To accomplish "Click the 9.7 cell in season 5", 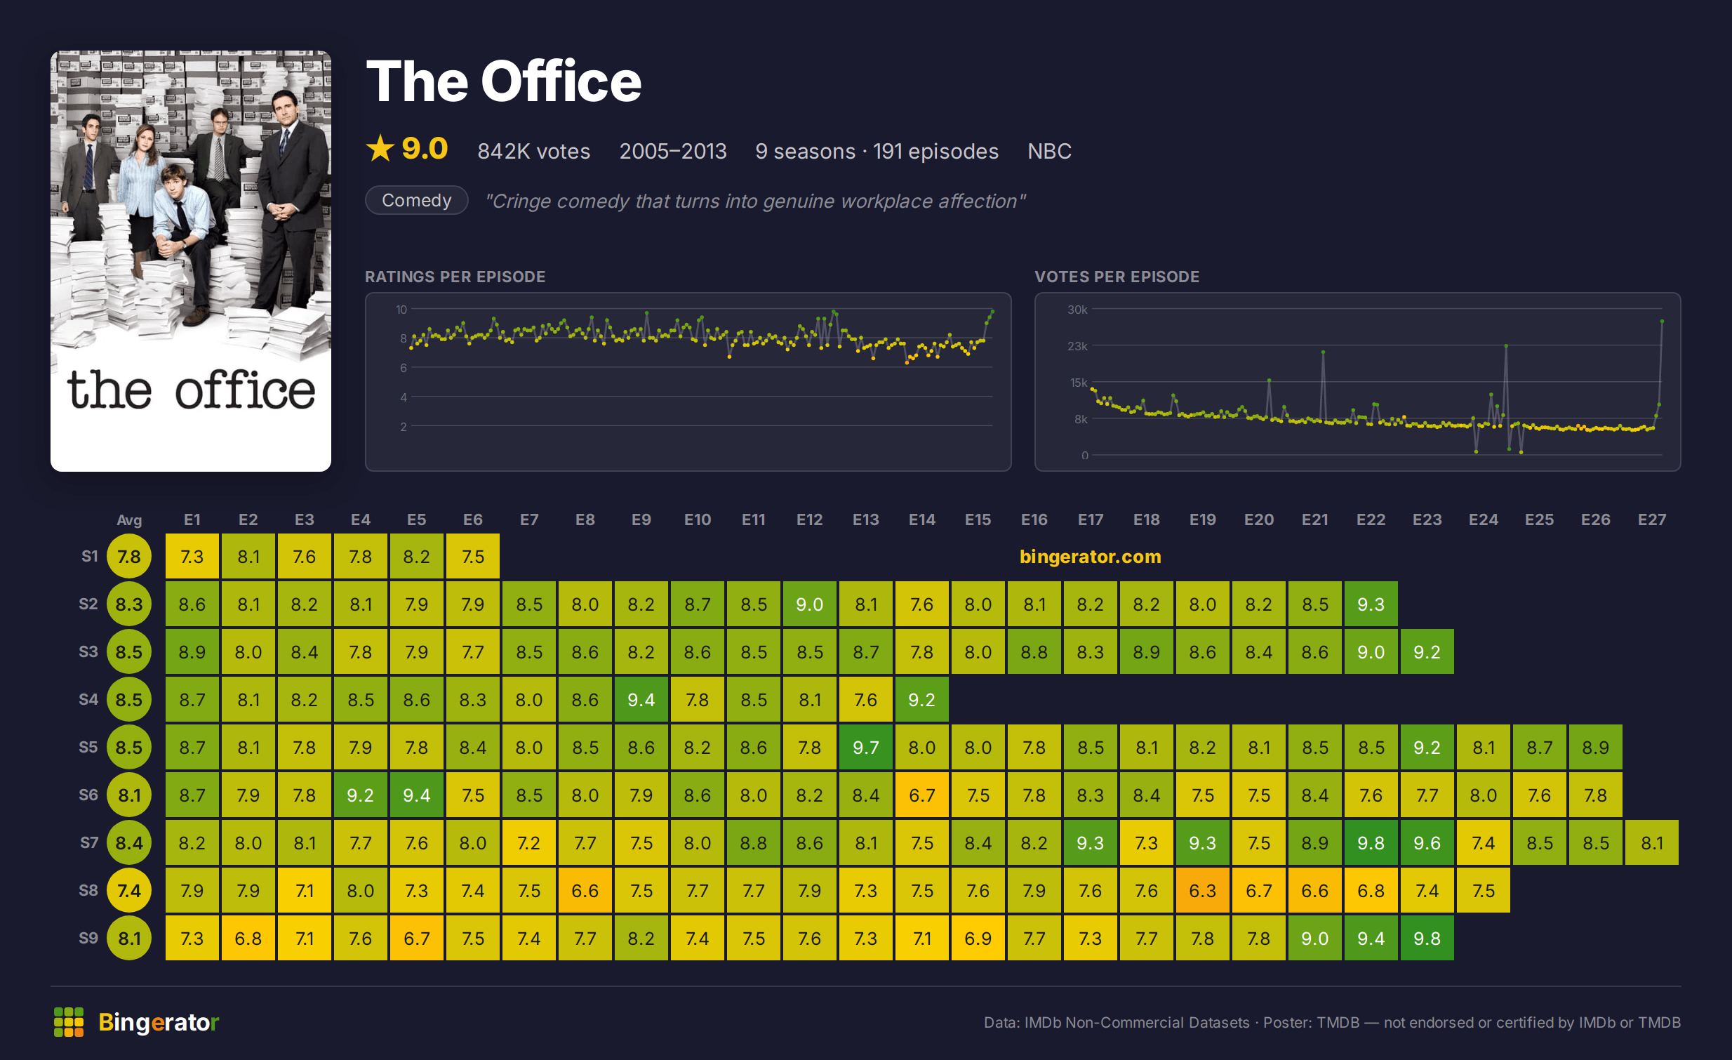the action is (865, 747).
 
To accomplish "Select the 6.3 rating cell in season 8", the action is (1202, 891).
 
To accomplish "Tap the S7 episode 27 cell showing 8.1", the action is (1651, 843).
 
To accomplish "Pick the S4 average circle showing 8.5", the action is (129, 699).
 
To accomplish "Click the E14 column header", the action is (921, 519).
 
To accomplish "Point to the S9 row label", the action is (88, 938).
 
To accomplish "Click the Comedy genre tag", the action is (417, 200).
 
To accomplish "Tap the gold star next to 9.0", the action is (380, 148).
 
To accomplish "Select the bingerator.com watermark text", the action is (1091, 556).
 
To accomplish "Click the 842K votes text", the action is (533, 151).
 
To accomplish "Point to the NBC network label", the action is (1049, 151).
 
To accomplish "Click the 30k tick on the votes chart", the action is (1077, 310).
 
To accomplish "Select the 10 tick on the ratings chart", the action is (401, 310).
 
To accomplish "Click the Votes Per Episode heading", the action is (1117, 277).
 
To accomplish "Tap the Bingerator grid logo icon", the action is (69, 1022).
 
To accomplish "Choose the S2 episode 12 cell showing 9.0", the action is (809, 604).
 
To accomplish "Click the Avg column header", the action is (129, 520).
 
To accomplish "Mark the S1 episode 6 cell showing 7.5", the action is (473, 556).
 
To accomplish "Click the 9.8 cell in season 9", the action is (1427, 939).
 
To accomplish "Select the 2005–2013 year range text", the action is (673, 151).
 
